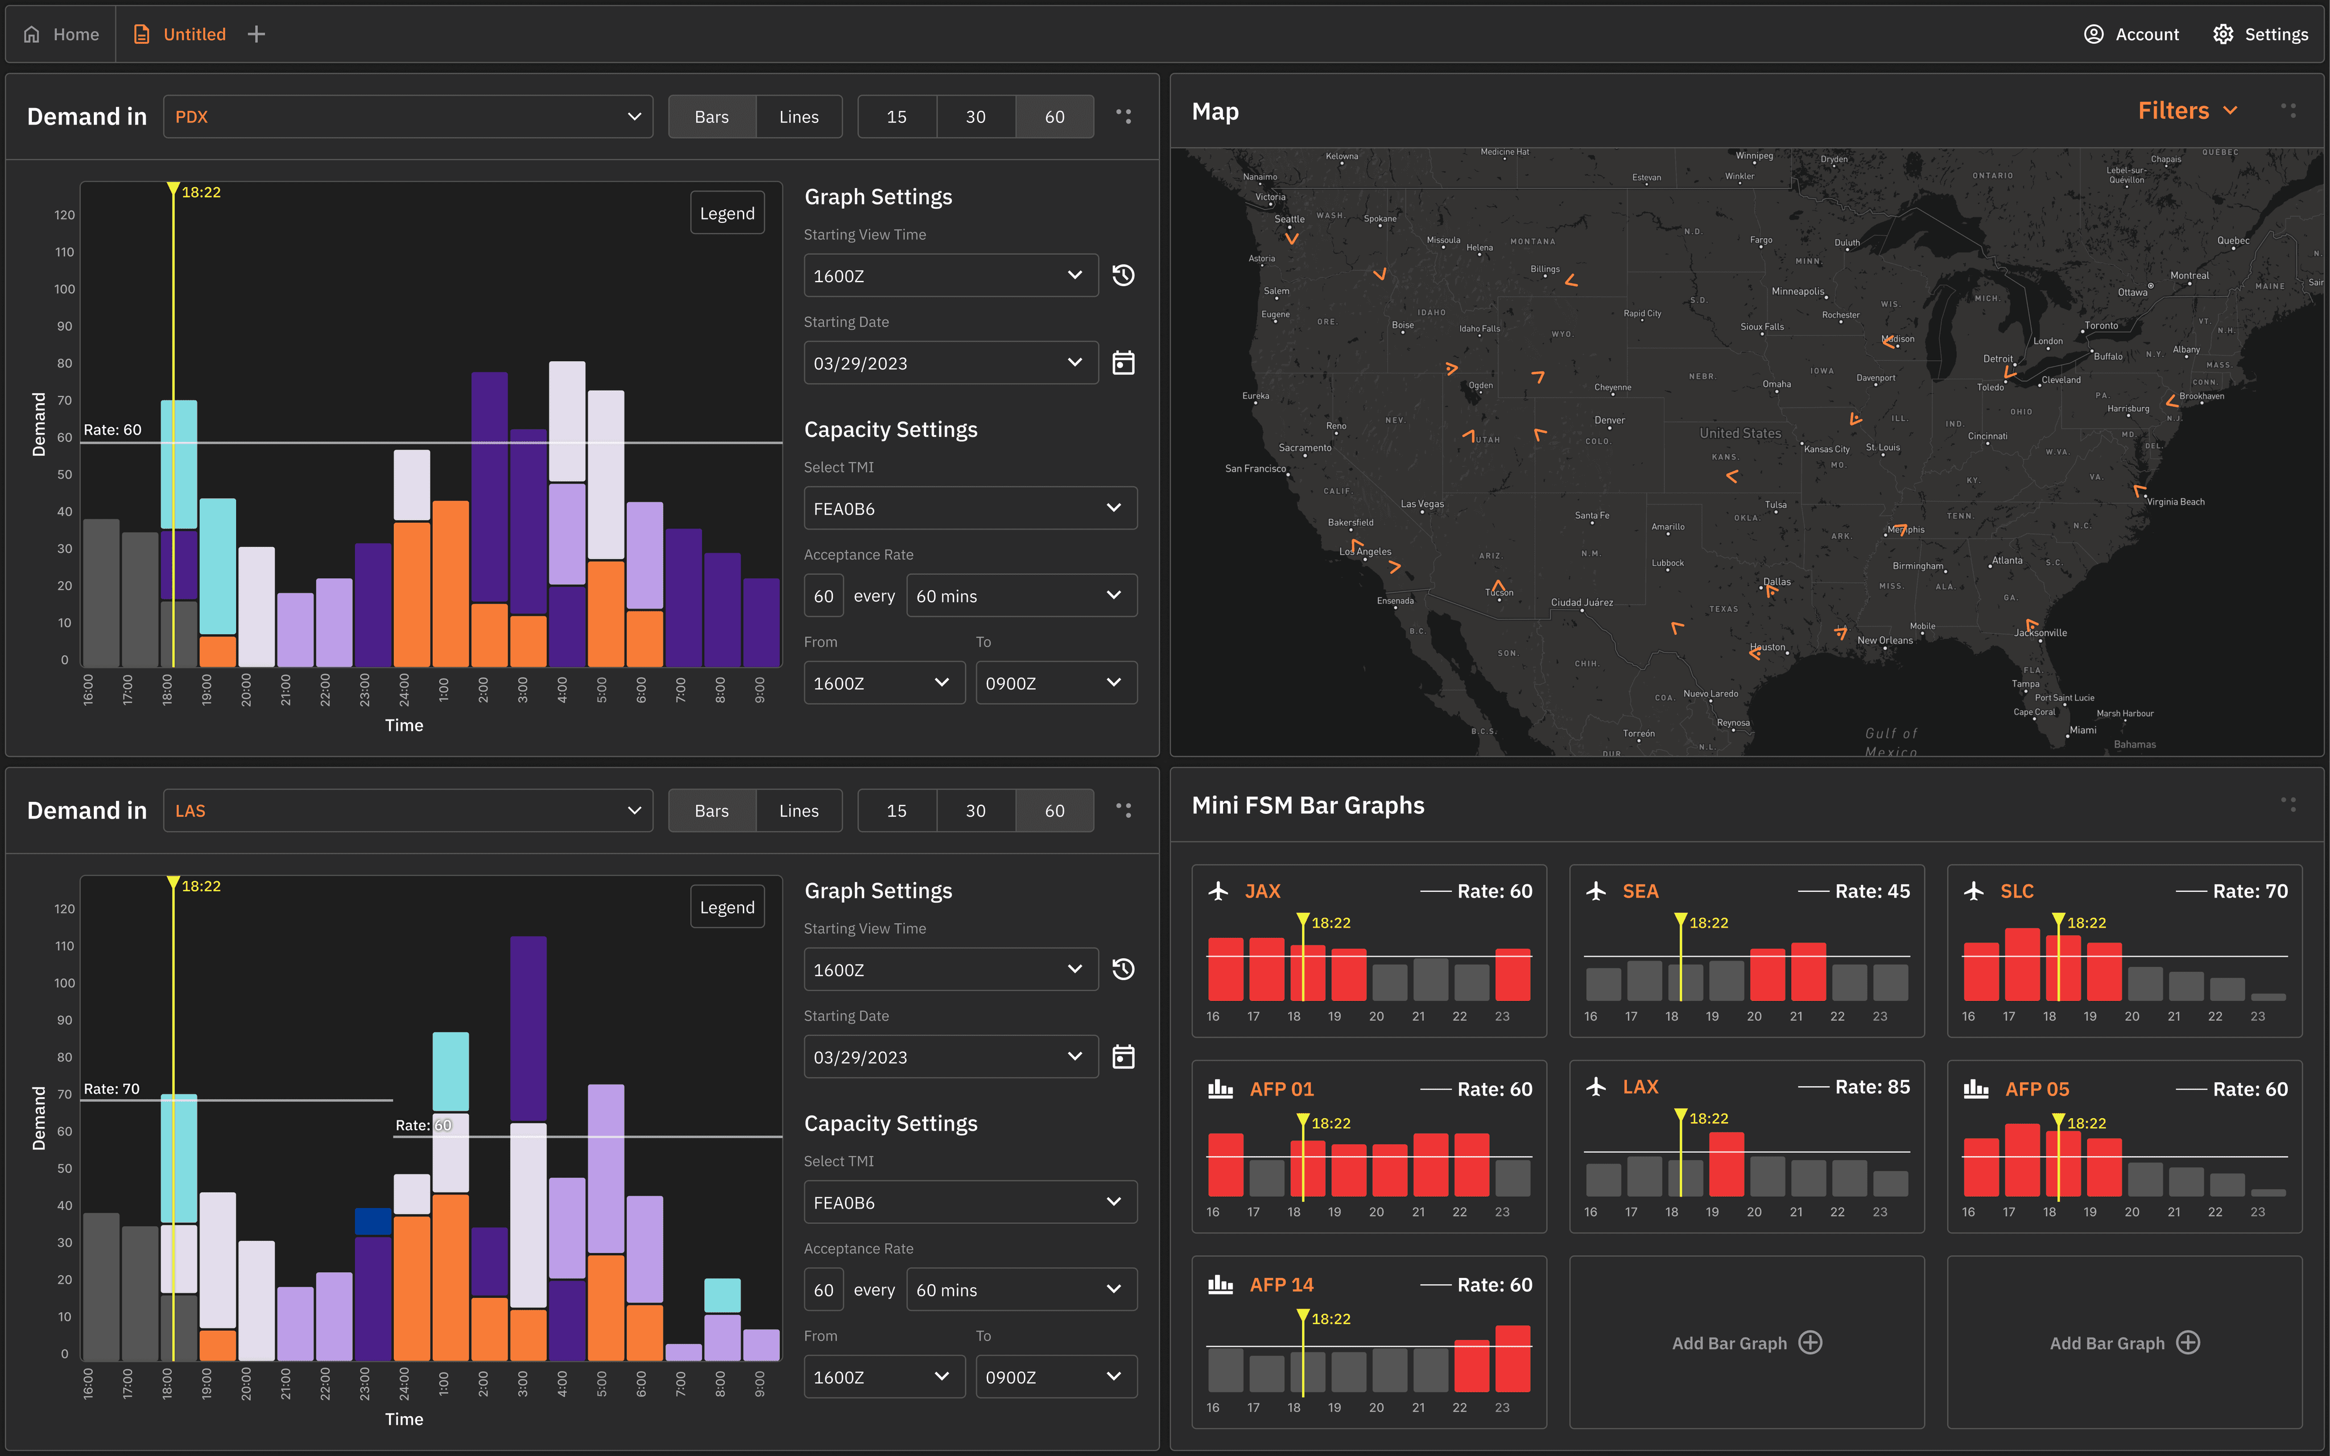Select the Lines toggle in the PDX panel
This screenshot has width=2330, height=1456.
pos(798,117)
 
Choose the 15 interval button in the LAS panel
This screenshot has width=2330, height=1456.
pos(897,811)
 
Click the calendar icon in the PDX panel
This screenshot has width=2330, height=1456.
pos(1123,363)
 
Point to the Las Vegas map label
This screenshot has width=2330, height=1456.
pos(1422,504)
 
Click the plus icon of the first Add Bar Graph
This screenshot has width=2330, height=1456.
pos(1810,1342)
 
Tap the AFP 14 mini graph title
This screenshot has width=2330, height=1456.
pos(1280,1285)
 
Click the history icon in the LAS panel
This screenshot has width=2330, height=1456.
pos(1123,970)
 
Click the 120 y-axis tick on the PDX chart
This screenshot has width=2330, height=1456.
pos(64,215)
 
